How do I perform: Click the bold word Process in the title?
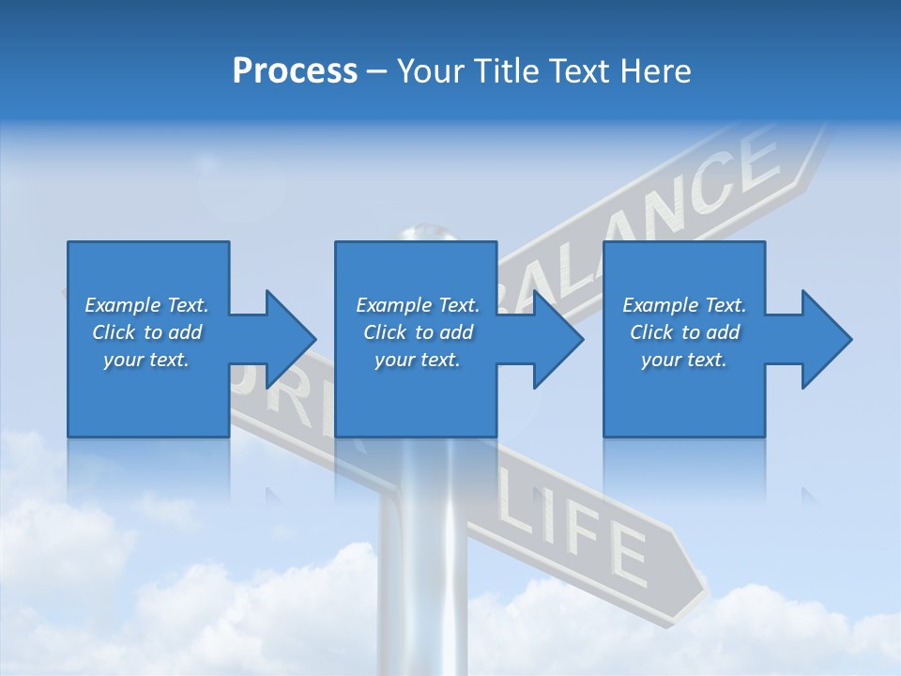point(295,71)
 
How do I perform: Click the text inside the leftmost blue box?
point(147,332)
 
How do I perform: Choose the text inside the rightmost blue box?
point(684,332)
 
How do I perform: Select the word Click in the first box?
point(114,332)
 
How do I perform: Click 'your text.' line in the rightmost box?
point(684,360)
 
